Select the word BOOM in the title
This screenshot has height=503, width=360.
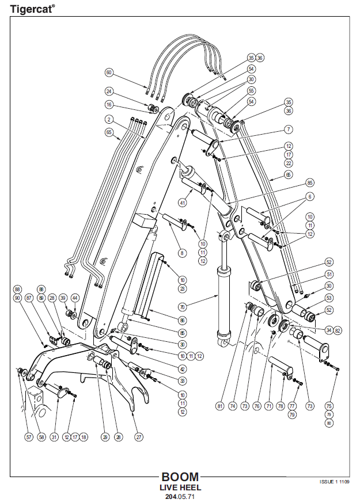point(180,477)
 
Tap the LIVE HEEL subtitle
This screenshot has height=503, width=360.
point(180,487)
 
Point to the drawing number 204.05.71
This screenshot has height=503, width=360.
point(180,496)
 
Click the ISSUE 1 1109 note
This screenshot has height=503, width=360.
point(335,481)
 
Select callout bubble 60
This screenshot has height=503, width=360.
point(109,73)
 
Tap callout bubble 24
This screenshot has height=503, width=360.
point(109,91)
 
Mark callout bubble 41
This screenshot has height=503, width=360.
point(182,203)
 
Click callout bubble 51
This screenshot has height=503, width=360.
point(313,274)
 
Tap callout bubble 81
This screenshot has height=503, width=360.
point(219,406)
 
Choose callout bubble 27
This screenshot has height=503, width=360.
point(139,437)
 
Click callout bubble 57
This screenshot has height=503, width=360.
point(29,437)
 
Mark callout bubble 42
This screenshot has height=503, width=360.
point(182,369)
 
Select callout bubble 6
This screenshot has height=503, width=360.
point(310,197)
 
